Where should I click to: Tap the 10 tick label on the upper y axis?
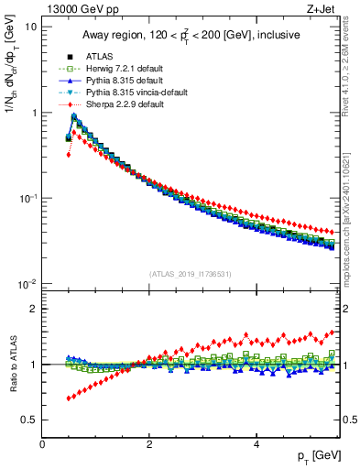[x=30, y=27]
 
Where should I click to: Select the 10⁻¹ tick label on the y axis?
[x=27, y=198]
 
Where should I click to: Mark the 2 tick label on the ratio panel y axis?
[x=33, y=309]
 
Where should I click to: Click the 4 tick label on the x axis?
[x=256, y=444]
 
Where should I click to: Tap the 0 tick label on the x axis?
[x=42, y=444]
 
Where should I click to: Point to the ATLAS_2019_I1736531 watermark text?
[x=189, y=274]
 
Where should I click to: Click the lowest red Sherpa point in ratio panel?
[x=69, y=398]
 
